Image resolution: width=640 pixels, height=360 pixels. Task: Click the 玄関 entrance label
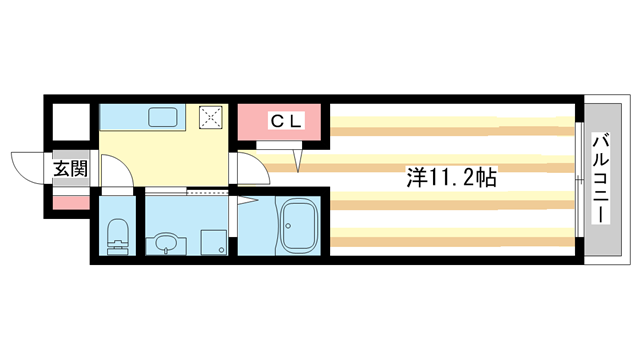[x=70, y=169]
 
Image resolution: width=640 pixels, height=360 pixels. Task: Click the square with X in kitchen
[x=212, y=117]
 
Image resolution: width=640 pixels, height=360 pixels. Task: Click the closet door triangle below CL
[x=299, y=158]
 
